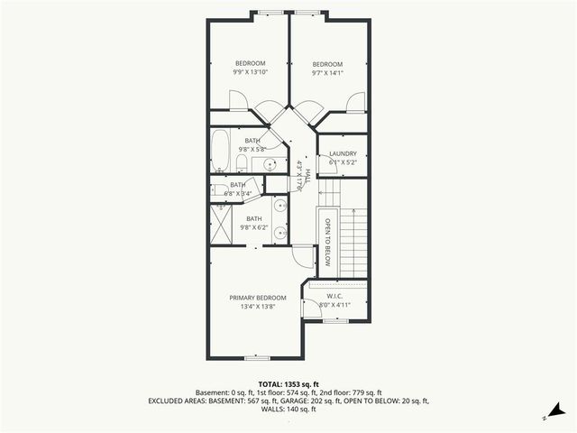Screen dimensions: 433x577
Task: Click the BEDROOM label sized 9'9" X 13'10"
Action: pyautogui.click(x=250, y=68)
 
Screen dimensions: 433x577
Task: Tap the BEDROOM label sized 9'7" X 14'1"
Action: pyautogui.click(x=327, y=68)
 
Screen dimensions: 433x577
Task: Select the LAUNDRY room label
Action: pyautogui.click(x=343, y=158)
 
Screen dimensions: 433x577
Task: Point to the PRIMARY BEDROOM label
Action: pyautogui.click(x=257, y=302)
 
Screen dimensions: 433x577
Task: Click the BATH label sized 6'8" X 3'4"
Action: pyautogui.click(x=237, y=188)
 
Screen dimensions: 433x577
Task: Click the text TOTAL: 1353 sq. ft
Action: pyautogui.click(x=288, y=384)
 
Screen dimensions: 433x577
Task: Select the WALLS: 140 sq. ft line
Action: pyautogui.click(x=288, y=410)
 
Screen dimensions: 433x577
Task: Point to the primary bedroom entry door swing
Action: pyautogui.click(x=304, y=257)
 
